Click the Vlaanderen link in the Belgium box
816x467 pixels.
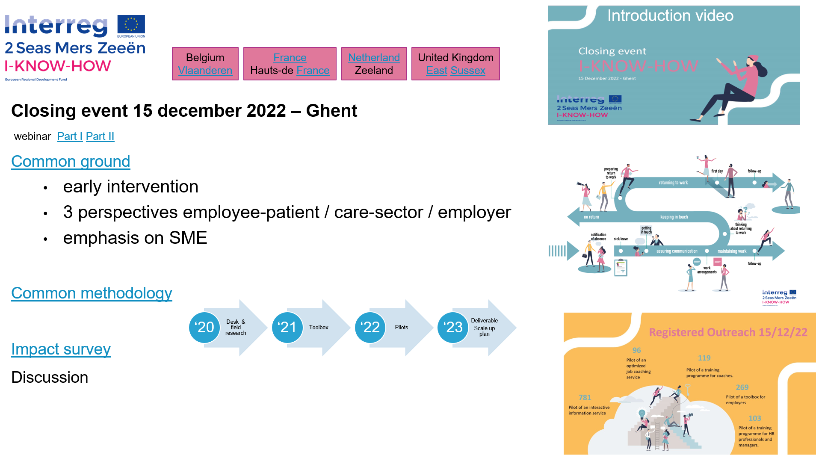tap(205, 71)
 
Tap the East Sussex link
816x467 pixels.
tap(455, 71)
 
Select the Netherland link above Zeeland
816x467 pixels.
tap(374, 58)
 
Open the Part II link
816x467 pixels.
tap(100, 136)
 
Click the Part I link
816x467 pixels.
tap(70, 136)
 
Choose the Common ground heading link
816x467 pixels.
tap(71, 162)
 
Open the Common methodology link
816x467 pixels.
tap(92, 293)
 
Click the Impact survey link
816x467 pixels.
tap(61, 349)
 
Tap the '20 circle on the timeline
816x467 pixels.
tap(204, 328)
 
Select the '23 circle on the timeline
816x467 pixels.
tap(453, 328)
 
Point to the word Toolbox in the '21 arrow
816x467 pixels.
tap(319, 328)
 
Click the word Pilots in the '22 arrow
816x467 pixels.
tap(401, 328)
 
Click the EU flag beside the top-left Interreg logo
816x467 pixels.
tap(131, 26)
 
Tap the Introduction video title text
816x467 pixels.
tap(670, 16)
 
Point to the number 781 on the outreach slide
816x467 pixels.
tap(585, 398)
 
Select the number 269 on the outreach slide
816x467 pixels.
tap(742, 387)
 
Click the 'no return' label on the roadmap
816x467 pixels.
tap(591, 217)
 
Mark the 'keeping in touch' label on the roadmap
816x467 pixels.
tap(674, 217)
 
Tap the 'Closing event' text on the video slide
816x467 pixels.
tap(612, 51)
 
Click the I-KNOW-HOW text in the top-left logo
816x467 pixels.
tap(58, 66)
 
